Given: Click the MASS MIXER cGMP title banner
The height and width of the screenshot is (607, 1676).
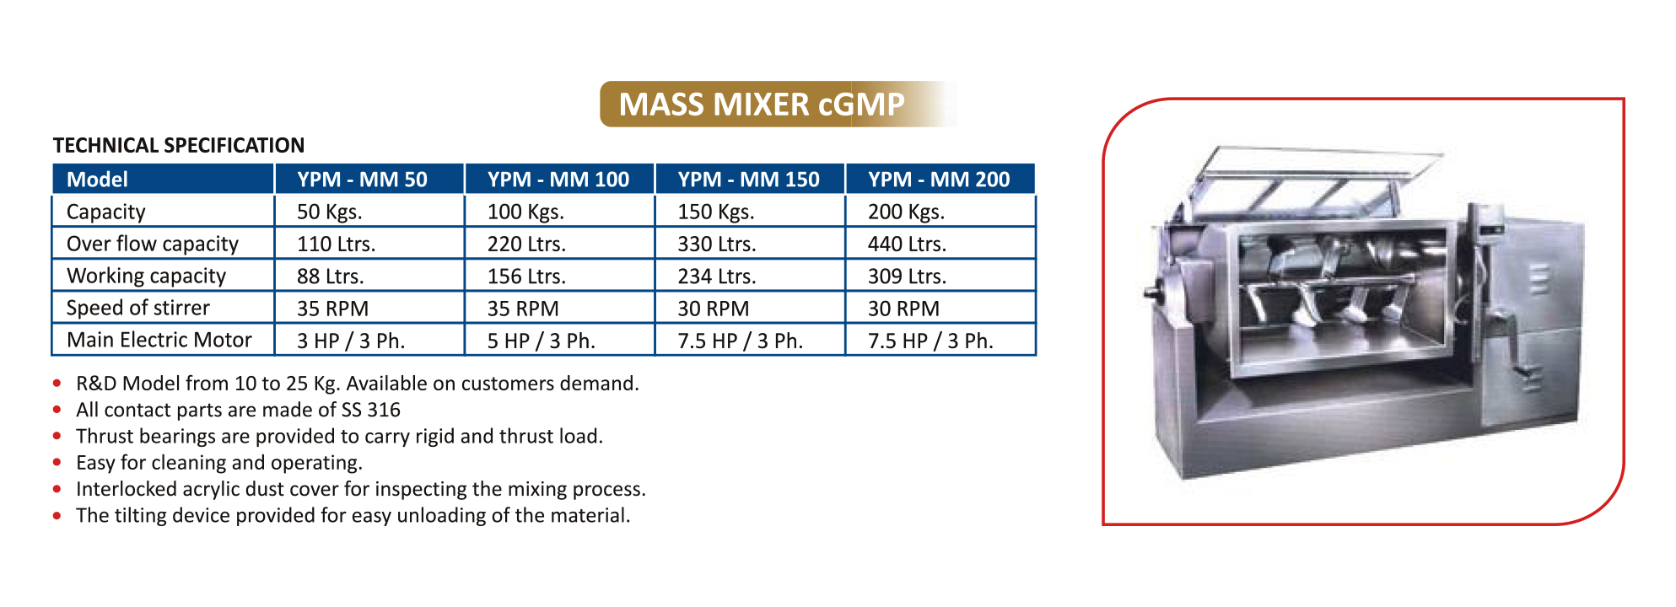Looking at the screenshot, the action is [x=777, y=104].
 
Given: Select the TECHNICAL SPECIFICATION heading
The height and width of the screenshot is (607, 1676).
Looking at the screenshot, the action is [x=179, y=146].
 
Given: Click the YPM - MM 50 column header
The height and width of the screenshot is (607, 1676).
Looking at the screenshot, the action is [x=362, y=180].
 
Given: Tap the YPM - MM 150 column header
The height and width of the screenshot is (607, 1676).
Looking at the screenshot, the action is [x=748, y=180].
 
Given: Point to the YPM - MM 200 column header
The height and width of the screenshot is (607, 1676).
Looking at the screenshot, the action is [x=939, y=180].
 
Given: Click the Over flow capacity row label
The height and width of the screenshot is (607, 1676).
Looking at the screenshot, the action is [x=153, y=244].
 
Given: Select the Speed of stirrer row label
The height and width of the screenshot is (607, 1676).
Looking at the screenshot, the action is [x=138, y=308].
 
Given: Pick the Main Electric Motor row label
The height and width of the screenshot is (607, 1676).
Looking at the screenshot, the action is [x=159, y=340].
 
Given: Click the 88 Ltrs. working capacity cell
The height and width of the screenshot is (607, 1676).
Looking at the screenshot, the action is [x=330, y=277].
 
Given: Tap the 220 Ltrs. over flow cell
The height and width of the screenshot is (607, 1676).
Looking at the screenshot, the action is [x=526, y=244].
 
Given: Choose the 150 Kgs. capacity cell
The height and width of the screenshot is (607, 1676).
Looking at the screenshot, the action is [x=716, y=212].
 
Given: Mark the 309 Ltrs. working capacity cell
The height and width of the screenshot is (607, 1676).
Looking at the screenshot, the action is [x=907, y=277].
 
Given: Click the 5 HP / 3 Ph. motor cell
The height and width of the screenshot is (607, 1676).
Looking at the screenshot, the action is [x=542, y=341].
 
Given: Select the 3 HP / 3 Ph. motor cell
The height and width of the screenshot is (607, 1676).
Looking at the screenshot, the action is [x=351, y=341].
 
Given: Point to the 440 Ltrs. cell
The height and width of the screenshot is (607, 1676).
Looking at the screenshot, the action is [x=907, y=244].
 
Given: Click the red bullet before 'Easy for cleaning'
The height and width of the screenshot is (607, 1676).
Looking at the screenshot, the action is [x=57, y=462].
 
